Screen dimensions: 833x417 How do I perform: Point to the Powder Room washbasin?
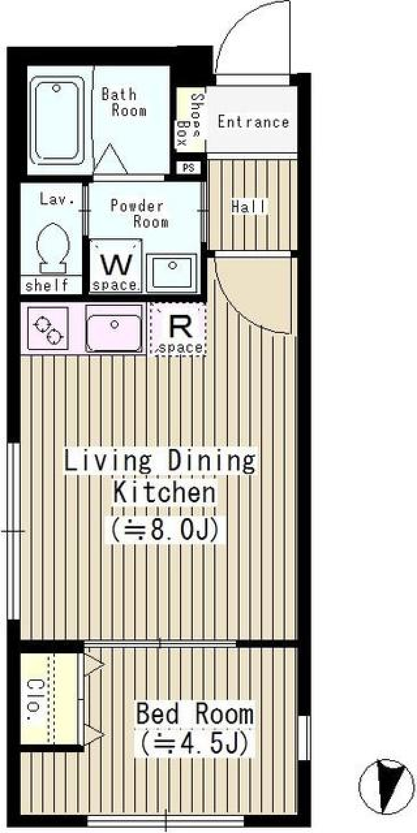coord(172,272)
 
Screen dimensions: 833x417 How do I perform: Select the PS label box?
coord(189,168)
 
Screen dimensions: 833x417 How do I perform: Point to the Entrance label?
coord(253,122)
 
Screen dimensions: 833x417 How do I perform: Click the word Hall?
coord(248,207)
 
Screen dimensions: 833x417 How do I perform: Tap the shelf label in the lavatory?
coord(47,285)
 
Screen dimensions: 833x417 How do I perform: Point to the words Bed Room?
coord(194,713)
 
